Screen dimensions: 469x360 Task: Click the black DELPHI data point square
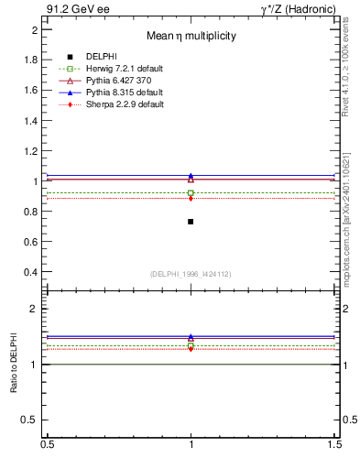click(191, 222)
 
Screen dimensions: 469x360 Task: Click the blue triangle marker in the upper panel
click(191, 176)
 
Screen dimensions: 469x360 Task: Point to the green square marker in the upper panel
click(191, 192)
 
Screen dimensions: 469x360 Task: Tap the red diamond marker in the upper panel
click(191, 198)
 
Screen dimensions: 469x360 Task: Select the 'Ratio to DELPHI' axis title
click(15, 365)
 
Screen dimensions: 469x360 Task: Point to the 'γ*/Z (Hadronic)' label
click(301, 9)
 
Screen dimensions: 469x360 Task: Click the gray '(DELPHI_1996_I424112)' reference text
click(191, 274)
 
